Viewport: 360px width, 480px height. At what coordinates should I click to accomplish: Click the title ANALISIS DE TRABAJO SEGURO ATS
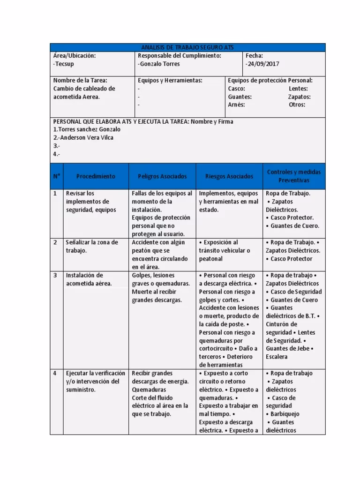(187, 47)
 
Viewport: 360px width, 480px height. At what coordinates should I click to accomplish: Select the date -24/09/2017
(262, 64)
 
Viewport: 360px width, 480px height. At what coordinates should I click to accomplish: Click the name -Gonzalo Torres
(159, 64)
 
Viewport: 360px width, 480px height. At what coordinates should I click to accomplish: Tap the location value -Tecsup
(64, 64)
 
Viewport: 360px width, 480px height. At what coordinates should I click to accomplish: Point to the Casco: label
(236, 89)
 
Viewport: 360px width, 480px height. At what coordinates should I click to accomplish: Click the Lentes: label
(298, 89)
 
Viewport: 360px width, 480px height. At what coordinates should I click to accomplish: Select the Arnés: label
(236, 105)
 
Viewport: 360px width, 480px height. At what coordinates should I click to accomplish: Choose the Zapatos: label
(299, 97)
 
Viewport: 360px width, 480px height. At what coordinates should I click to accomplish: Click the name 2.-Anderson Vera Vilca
(83, 138)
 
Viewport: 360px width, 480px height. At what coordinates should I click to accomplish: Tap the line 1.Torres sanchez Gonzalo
(87, 129)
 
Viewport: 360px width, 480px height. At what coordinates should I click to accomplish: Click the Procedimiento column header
(96, 176)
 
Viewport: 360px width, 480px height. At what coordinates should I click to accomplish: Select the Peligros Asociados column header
(162, 176)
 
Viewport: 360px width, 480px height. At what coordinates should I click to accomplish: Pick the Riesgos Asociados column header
(229, 176)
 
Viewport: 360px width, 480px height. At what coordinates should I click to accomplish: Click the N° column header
(56, 176)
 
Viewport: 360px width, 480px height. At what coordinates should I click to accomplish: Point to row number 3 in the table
(55, 276)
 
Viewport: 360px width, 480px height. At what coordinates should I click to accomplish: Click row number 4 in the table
(55, 374)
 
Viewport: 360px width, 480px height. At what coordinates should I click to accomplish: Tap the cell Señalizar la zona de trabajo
(92, 247)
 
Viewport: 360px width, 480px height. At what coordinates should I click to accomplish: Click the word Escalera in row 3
(277, 357)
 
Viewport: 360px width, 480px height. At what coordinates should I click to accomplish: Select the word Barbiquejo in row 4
(285, 414)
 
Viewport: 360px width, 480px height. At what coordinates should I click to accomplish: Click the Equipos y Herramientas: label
(170, 81)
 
